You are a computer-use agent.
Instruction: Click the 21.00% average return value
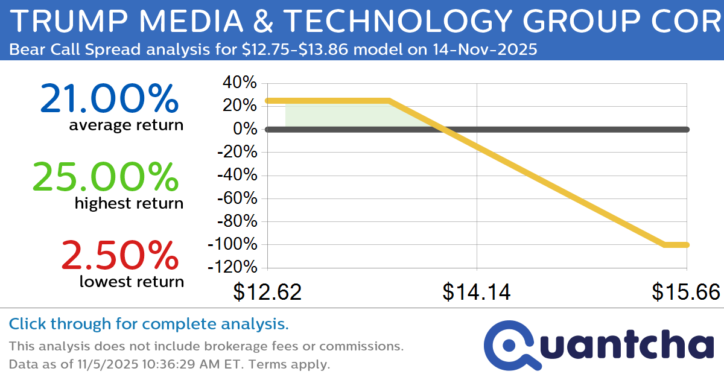(109, 99)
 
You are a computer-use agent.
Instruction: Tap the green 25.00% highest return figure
(105, 177)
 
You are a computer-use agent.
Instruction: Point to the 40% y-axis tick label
(241, 83)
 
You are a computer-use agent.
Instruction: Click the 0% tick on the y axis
(246, 129)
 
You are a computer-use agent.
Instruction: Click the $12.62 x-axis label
(267, 292)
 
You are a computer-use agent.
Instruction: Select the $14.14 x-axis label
(477, 292)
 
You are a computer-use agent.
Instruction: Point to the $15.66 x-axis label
(686, 292)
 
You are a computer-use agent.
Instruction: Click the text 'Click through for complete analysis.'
(148, 324)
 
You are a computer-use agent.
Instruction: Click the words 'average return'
(125, 125)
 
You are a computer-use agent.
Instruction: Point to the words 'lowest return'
(132, 281)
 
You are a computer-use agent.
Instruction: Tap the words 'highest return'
(129, 203)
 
